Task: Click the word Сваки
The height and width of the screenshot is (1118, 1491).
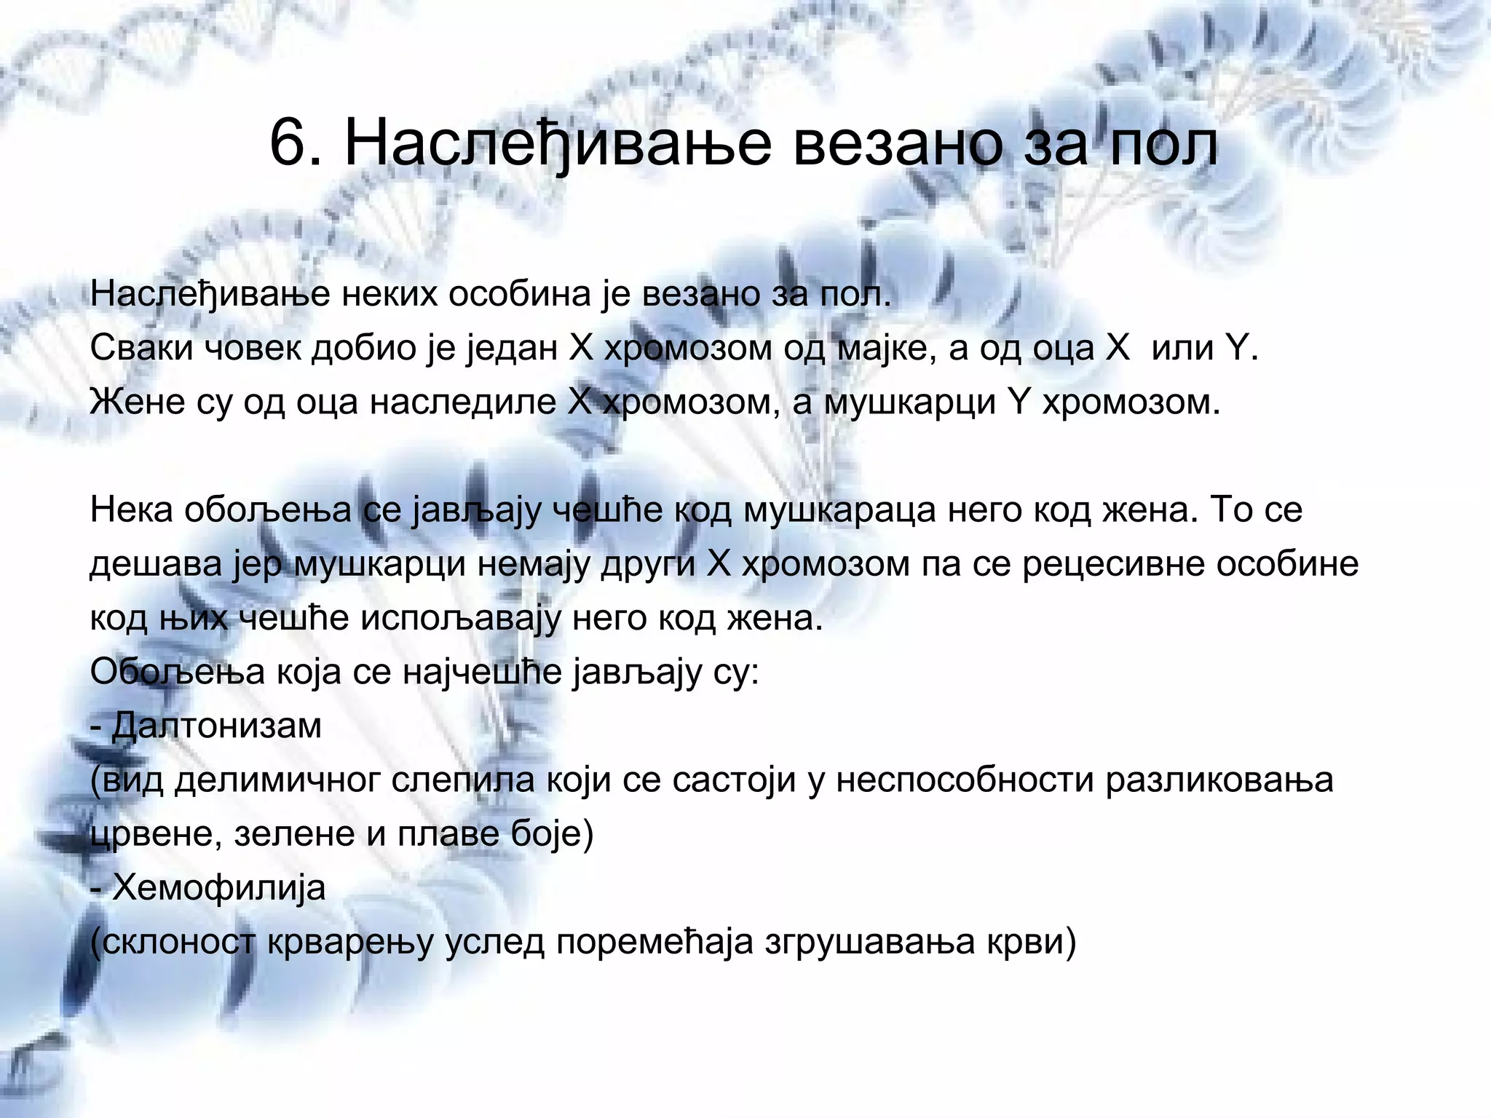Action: [139, 349]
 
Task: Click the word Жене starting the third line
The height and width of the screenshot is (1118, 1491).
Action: [135, 403]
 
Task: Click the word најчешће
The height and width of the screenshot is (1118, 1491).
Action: [481, 673]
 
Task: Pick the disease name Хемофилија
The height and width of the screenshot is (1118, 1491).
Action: [219, 889]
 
